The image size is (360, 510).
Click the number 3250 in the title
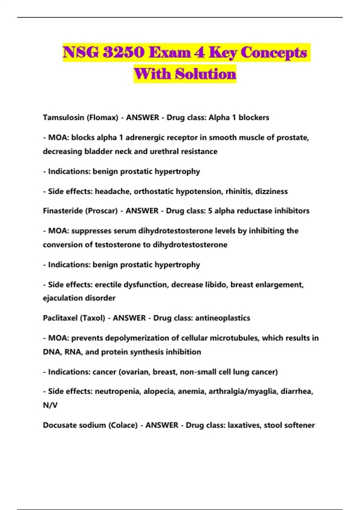tap(123, 52)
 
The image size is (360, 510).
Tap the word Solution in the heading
tap(206, 74)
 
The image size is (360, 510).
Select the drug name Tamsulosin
tap(63, 117)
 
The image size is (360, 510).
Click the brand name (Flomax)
tap(102, 117)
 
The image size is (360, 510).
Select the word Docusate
tap(59, 425)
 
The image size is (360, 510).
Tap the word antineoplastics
tap(222, 318)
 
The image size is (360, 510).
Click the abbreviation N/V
tap(50, 405)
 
